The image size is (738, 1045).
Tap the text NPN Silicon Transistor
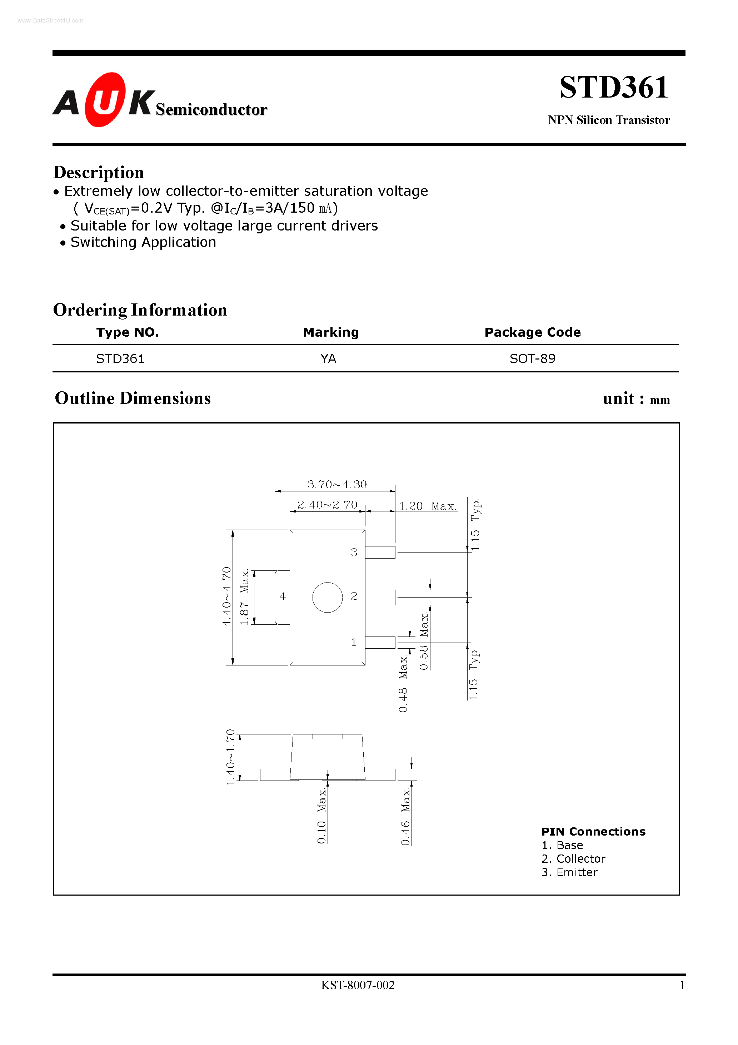click(x=608, y=120)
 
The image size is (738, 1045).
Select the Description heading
click(x=98, y=173)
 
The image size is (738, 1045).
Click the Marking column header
click(x=331, y=332)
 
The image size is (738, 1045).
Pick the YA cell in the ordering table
click(x=328, y=359)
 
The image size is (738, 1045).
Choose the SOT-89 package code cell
click(x=532, y=359)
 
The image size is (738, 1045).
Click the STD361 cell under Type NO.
click(x=120, y=359)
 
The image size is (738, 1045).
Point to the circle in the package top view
click(x=327, y=597)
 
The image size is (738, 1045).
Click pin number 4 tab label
click(x=283, y=596)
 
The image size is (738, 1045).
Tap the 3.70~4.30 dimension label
click(x=337, y=484)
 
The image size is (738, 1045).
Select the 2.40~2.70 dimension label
click(x=327, y=505)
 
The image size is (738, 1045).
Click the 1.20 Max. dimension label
click(x=427, y=506)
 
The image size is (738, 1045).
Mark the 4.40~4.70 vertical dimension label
click(x=226, y=596)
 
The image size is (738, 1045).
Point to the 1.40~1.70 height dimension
click(x=231, y=757)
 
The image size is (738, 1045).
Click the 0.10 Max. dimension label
click(x=322, y=816)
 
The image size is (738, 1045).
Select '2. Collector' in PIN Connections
click(x=573, y=859)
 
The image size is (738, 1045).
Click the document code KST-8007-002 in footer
click(x=358, y=985)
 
